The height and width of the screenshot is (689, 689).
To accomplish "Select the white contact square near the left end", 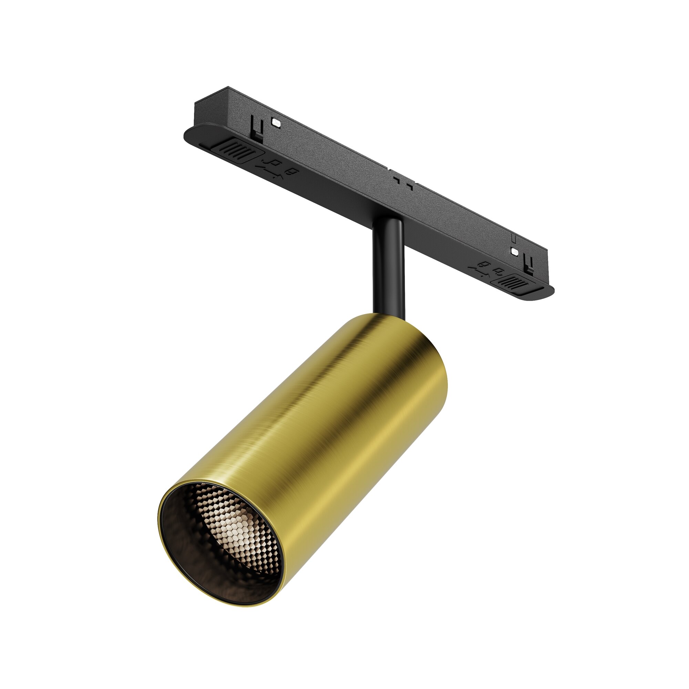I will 276,122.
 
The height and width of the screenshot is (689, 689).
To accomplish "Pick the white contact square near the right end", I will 514,251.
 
